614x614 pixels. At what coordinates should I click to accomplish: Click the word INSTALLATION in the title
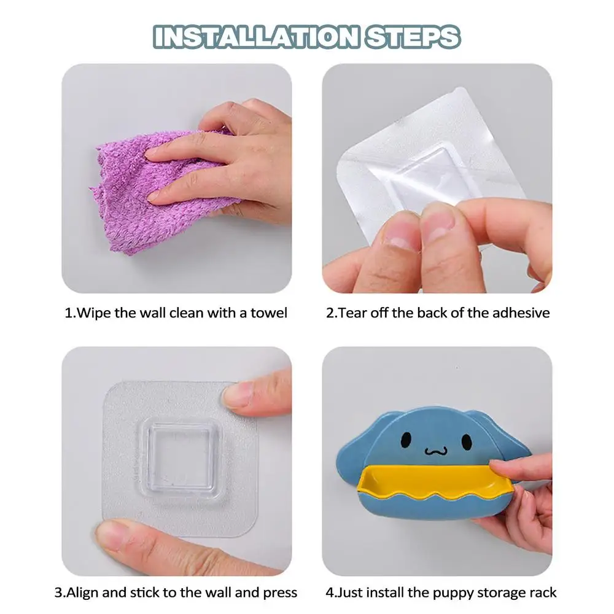click(x=256, y=37)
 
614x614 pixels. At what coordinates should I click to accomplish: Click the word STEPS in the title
click(x=413, y=37)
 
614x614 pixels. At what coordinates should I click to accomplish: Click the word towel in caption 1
click(x=269, y=313)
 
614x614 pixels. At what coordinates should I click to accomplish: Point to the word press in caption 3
click(x=280, y=593)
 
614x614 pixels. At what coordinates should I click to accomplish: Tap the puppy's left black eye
click(x=406, y=440)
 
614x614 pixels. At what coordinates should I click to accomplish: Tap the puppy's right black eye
click(x=467, y=441)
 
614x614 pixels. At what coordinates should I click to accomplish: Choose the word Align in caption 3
click(x=82, y=593)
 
